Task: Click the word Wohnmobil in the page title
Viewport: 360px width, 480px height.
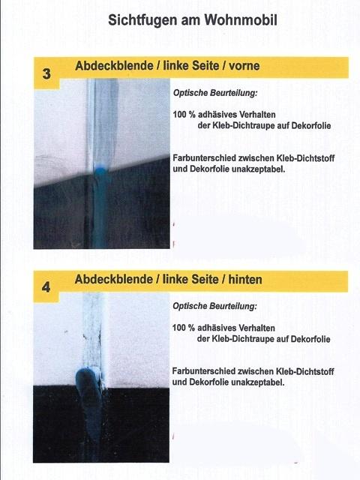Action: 241,20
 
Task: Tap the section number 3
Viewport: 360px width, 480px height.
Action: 46,73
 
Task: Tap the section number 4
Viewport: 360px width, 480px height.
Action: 46,287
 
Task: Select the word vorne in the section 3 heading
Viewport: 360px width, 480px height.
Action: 244,65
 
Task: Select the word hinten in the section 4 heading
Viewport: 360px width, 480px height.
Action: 245,279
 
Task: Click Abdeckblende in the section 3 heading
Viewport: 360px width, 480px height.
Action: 114,65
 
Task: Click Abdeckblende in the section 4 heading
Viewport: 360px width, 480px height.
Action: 114,279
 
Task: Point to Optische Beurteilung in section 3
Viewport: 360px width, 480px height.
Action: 215,93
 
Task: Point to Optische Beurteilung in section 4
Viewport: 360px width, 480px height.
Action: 214,306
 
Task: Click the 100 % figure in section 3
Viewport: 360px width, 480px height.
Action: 184,115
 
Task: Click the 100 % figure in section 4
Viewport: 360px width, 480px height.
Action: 183,328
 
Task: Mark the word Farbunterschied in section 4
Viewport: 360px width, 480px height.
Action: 203,371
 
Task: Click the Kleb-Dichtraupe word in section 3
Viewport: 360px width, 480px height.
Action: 240,126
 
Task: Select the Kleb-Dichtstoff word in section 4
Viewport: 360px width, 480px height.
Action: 305,371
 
